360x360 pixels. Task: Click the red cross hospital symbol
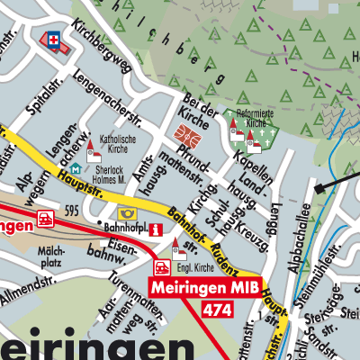pyautogui.click(x=53, y=40)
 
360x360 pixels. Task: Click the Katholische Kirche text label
pyautogui.click(x=116, y=145)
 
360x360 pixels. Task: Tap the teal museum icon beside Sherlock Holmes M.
pyautogui.click(x=73, y=169)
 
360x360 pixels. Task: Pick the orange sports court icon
pyautogui.click(x=187, y=137)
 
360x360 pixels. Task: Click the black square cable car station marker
pyautogui.click(x=318, y=189)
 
